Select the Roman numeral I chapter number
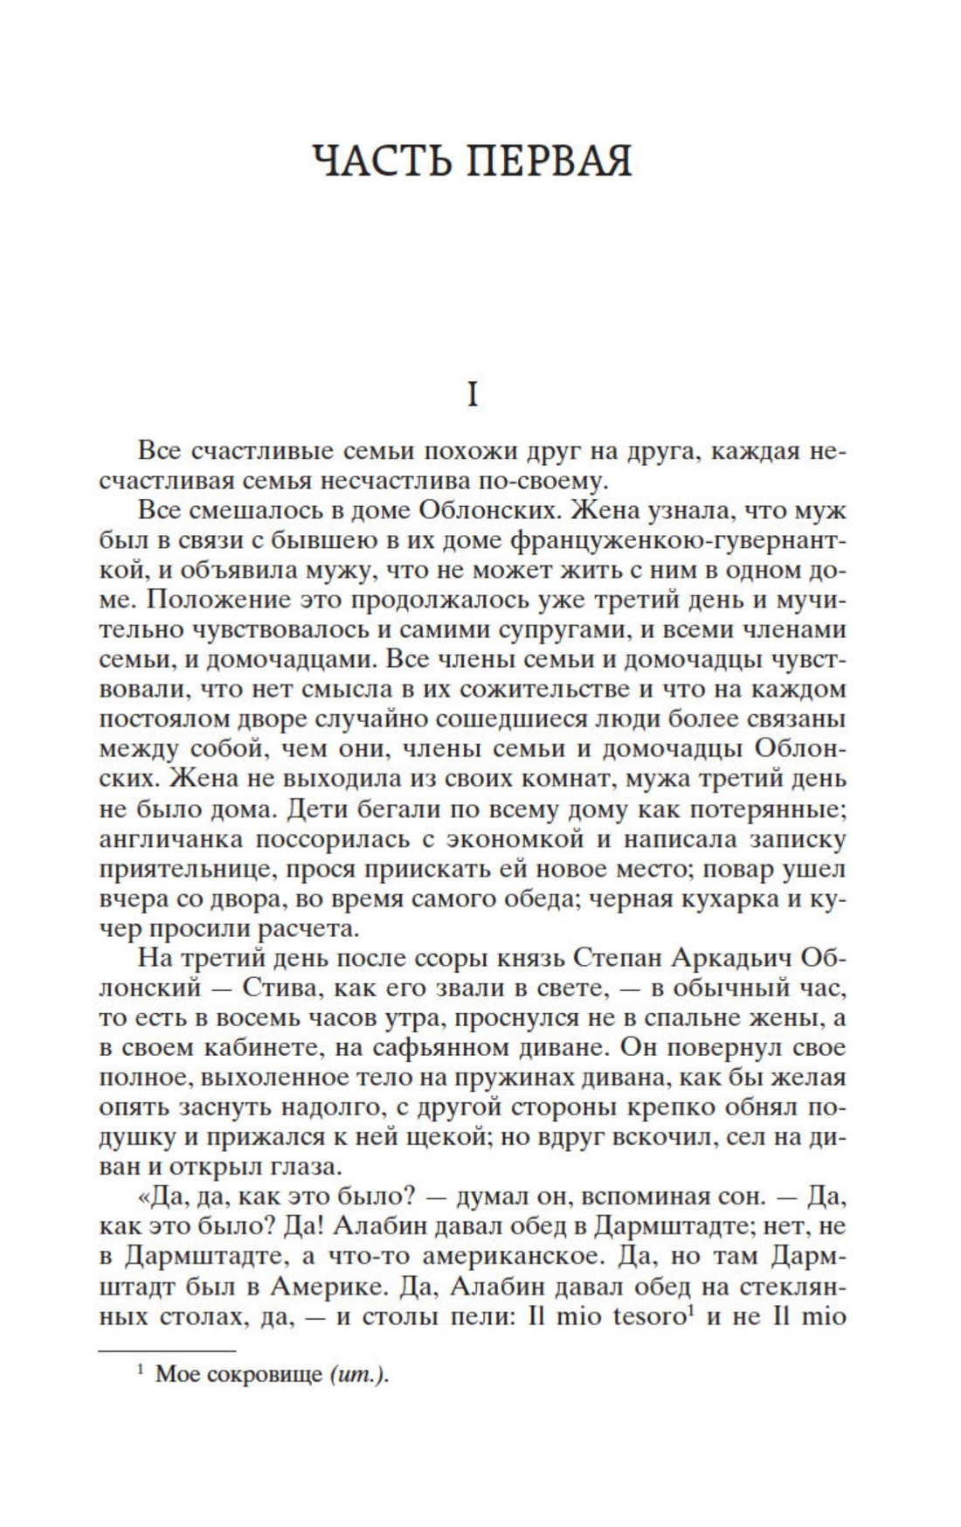point(473,396)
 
